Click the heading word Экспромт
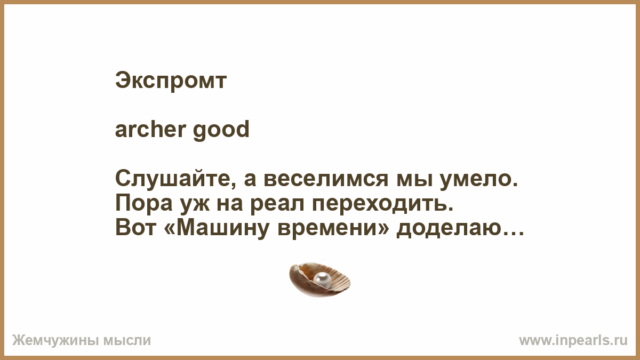click(171, 82)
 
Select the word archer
click(150, 129)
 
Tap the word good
click(221, 131)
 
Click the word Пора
click(143, 204)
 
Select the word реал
click(277, 205)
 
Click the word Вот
click(136, 228)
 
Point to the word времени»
click(333, 229)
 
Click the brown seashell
click(319, 280)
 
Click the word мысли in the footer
click(127, 341)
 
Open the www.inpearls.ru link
click(573, 341)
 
